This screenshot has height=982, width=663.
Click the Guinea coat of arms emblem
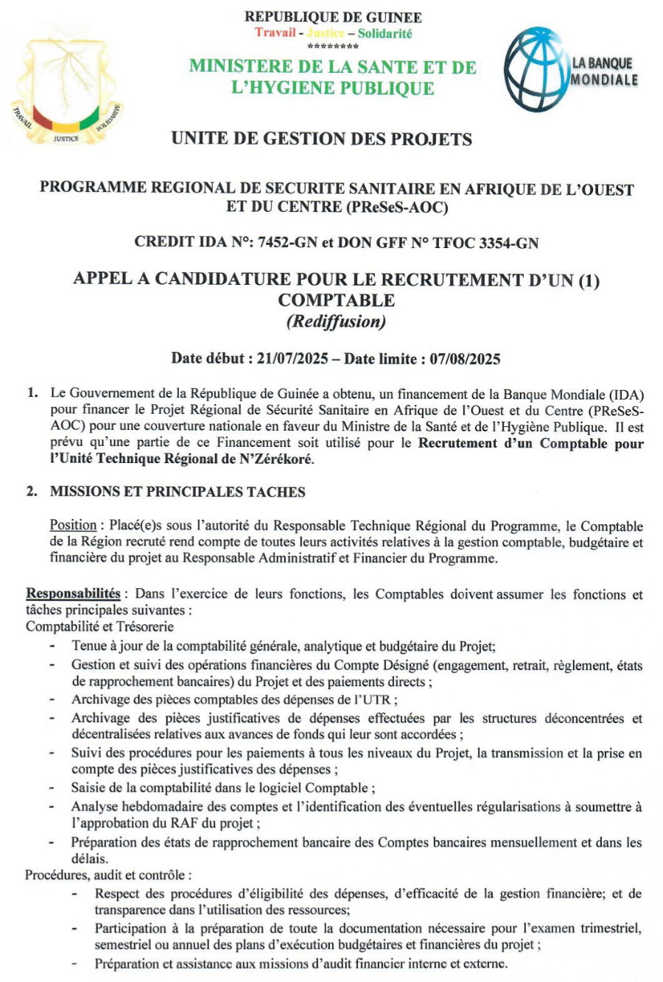point(66,85)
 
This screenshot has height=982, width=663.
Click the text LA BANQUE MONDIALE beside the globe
point(603,72)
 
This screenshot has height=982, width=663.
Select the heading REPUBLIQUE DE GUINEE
point(333,17)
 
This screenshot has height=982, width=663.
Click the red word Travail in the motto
point(276,32)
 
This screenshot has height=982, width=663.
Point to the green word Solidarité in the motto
point(385,33)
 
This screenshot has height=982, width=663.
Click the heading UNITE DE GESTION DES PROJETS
point(321,138)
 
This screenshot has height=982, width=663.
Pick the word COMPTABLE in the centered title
point(336,300)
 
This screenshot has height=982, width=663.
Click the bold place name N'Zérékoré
point(277,459)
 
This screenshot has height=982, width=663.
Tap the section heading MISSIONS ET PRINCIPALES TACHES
point(177,491)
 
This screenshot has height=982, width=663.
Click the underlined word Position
point(73,526)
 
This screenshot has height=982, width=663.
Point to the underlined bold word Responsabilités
point(73,593)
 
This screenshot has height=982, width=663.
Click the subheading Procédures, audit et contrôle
point(108,875)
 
